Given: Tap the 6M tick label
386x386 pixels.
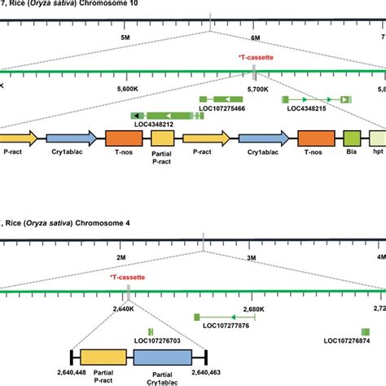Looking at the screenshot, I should point(255,37).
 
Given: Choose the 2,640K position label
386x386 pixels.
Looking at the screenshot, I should point(120,309).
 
